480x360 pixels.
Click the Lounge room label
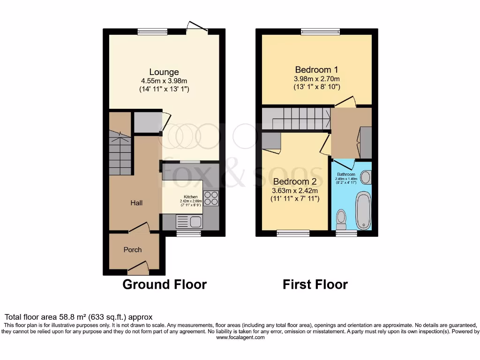click(164, 72)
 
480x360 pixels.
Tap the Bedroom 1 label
click(316, 70)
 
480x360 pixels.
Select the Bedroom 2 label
click(295, 181)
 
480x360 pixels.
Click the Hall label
click(136, 203)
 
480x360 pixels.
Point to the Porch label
click(132, 250)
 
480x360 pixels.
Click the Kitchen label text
click(190, 196)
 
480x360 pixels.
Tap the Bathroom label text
click(346, 174)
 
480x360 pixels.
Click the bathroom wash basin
click(365, 177)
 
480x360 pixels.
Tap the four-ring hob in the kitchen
click(211, 198)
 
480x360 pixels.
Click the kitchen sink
click(195, 221)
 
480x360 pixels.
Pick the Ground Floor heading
click(165, 284)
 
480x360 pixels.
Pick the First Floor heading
click(315, 284)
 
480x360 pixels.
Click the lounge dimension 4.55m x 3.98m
click(164, 81)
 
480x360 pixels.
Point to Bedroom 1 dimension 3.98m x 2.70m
click(316, 79)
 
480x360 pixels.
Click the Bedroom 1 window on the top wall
click(320, 32)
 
